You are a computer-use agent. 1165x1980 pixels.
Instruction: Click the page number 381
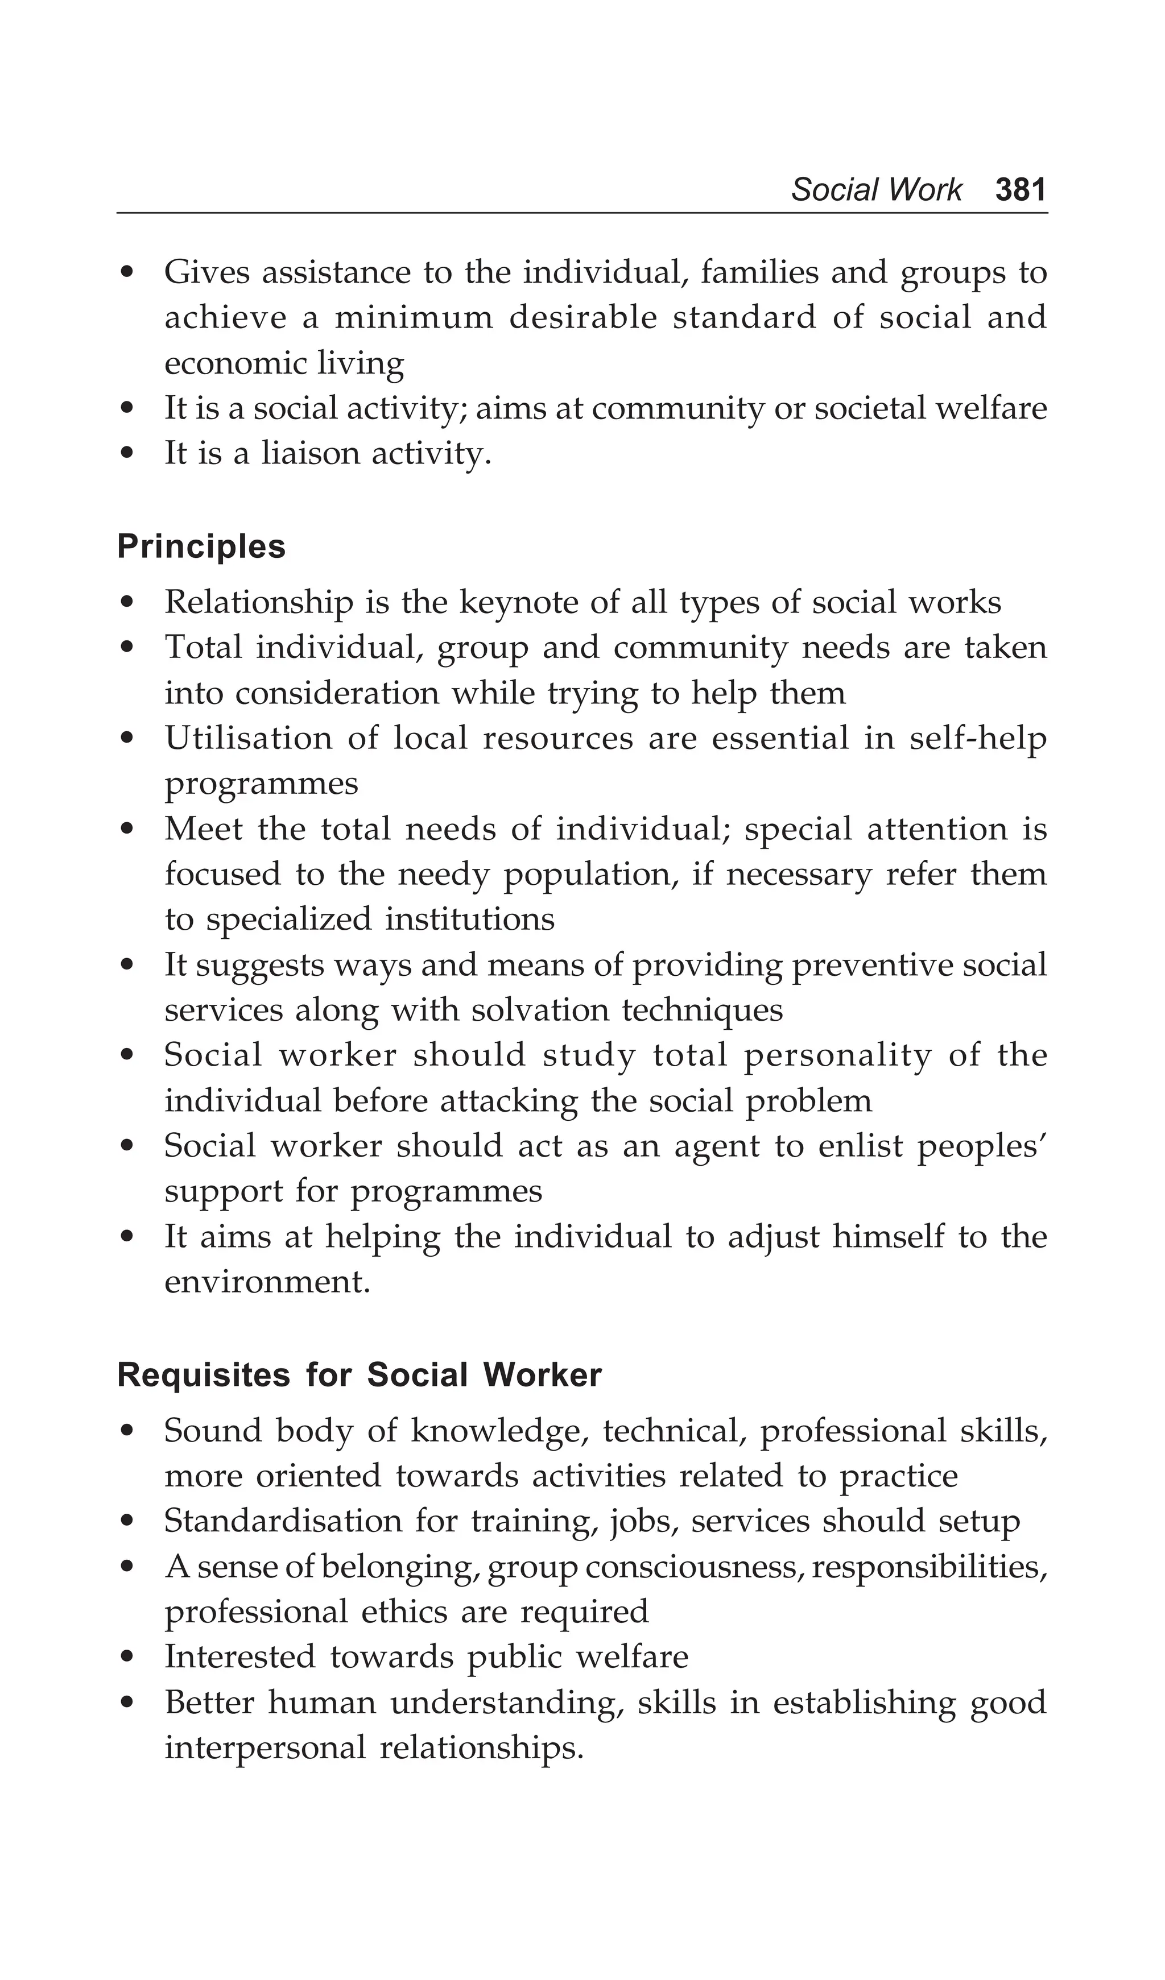[1021, 190]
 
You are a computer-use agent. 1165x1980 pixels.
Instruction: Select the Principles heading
[201, 547]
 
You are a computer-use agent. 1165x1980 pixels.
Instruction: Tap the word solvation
[539, 1010]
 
